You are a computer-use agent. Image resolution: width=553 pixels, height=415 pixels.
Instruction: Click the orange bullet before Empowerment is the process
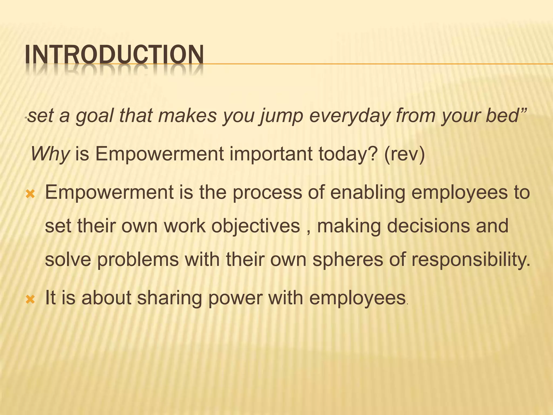tap(30, 194)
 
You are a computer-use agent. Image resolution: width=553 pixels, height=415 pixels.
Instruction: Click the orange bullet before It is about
tap(30, 299)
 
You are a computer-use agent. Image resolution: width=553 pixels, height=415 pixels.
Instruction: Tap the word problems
tap(138, 259)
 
